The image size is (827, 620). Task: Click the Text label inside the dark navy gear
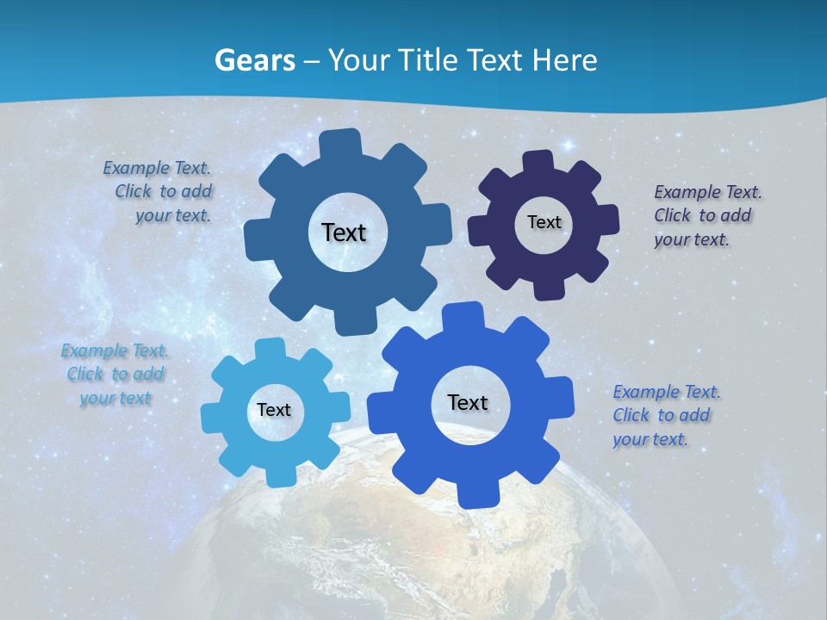(544, 222)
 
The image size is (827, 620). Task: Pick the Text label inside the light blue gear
(274, 410)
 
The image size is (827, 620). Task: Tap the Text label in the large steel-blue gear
(344, 232)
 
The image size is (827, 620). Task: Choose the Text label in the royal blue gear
(468, 402)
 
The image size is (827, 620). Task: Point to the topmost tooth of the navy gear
(538, 162)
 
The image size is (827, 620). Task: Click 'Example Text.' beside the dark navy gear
(708, 192)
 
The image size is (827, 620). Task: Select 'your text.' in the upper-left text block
(173, 215)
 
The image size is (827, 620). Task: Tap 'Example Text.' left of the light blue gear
(115, 350)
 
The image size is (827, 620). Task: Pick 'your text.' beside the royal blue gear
(650, 439)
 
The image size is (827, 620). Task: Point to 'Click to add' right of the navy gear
(702, 215)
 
